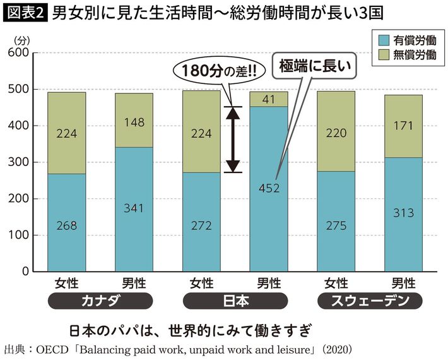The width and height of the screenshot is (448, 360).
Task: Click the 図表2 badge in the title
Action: coord(25,12)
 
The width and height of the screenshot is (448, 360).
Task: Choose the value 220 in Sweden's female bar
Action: coord(336,134)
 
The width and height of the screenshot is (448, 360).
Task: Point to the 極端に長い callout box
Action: coord(314,65)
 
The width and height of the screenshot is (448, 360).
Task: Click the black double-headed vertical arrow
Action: coord(233,139)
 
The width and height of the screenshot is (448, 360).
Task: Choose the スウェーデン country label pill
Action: coord(369,301)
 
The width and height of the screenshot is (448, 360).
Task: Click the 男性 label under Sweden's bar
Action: coord(404,283)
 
